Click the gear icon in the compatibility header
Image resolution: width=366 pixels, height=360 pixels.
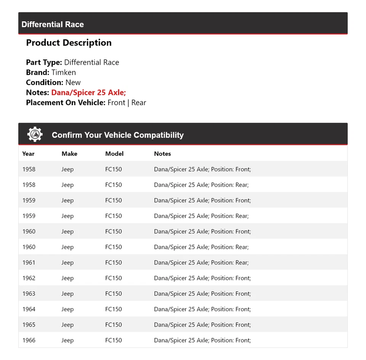(x=35, y=134)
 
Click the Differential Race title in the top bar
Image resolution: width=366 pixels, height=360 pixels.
(x=53, y=24)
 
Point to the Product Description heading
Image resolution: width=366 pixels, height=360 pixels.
(x=69, y=43)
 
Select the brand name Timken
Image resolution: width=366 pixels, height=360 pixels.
(x=64, y=72)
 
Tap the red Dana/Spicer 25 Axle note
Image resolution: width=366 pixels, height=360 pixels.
(x=88, y=92)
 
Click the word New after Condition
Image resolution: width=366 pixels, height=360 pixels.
(x=73, y=82)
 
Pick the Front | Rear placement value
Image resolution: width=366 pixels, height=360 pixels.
(x=127, y=102)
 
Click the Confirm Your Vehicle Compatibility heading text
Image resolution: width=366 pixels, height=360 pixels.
(x=117, y=135)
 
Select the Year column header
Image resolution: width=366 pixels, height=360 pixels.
(x=28, y=154)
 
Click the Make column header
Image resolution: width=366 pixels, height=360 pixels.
(x=69, y=154)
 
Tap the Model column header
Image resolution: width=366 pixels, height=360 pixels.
(x=114, y=154)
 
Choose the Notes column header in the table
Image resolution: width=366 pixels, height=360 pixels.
(x=162, y=154)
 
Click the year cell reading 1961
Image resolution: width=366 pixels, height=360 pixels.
(x=29, y=262)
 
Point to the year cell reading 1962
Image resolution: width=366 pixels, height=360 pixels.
(x=29, y=278)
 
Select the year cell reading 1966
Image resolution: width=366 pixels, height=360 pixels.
(x=29, y=340)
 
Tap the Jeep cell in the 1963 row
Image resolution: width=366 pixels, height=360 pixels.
(x=67, y=294)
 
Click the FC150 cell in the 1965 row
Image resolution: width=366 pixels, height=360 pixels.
(x=114, y=325)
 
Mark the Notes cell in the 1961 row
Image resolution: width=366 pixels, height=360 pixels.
(x=201, y=262)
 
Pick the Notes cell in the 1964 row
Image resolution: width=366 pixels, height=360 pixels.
(x=202, y=309)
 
